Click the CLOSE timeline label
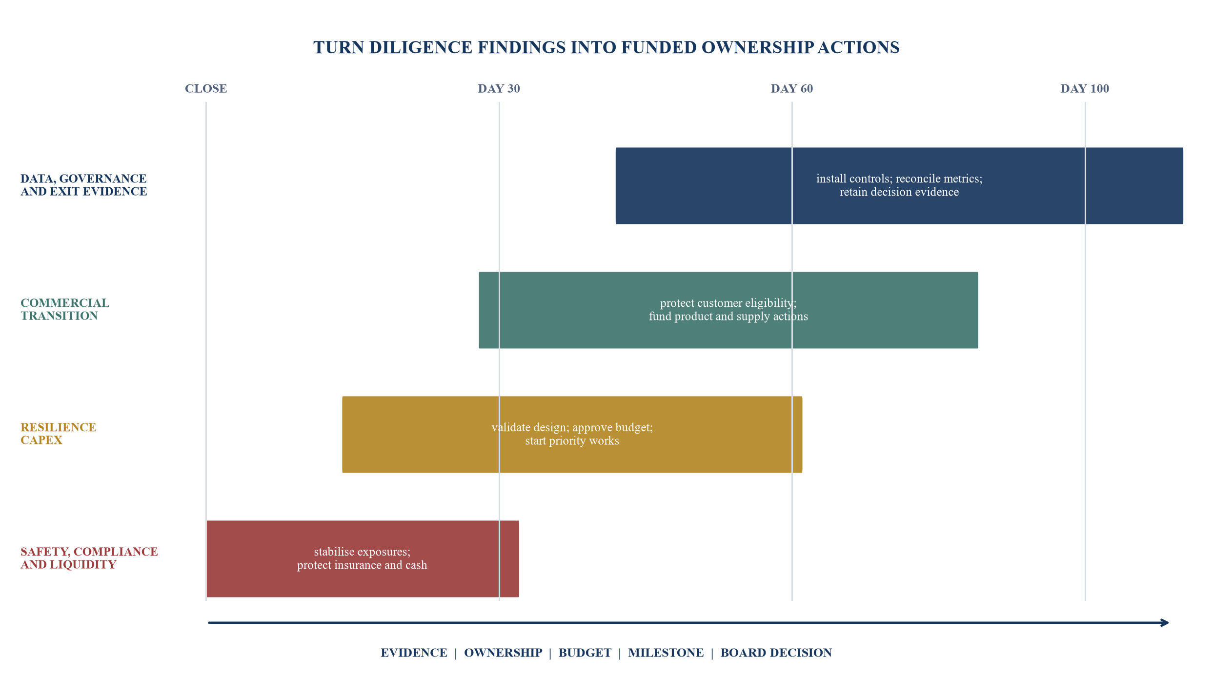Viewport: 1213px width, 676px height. point(206,89)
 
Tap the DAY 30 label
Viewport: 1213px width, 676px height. point(499,89)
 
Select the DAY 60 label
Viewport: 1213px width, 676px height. point(792,89)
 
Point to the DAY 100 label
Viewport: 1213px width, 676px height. point(1085,89)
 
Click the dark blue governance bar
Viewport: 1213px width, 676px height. point(899,186)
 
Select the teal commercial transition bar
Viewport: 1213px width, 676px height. point(728,310)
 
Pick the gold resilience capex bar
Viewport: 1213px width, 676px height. point(572,435)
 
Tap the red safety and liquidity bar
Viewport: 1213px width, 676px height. point(363,559)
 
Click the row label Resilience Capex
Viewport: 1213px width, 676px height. point(59,434)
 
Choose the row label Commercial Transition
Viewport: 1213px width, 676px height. point(65,309)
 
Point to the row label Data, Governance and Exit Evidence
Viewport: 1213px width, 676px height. point(84,185)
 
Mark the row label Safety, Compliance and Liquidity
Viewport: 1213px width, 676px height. point(89,558)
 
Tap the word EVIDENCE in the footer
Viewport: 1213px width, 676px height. point(414,653)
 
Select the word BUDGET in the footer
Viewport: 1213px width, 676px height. point(585,653)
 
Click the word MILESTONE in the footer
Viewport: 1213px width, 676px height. point(666,653)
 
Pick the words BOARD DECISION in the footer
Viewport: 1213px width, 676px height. point(776,653)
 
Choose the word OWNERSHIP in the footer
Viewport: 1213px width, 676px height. point(503,653)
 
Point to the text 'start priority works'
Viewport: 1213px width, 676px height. point(572,441)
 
